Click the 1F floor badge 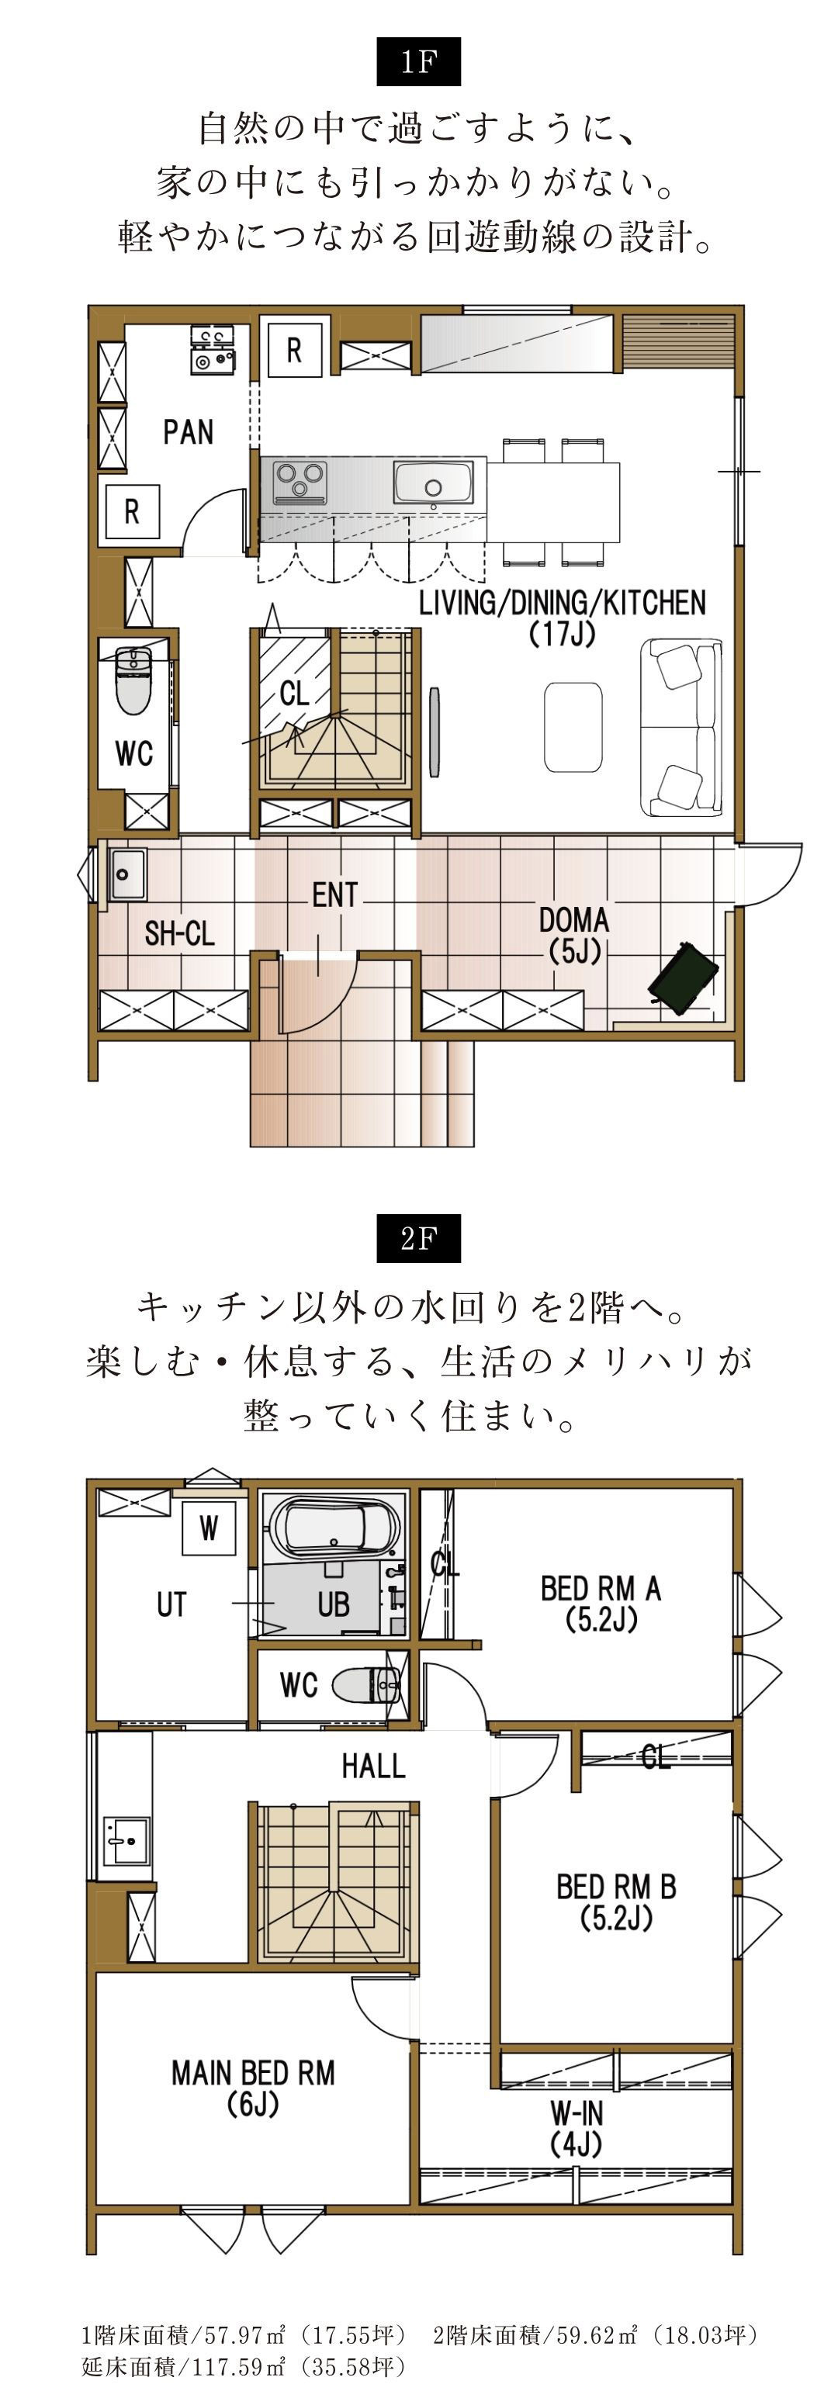[x=417, y=61]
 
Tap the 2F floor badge [x=417, y=1238]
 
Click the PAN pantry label [x=188, y=432]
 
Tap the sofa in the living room [x=680, y=727]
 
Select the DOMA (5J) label [x=573, y=935]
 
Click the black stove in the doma [x=684, y=978]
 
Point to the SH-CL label [x=179, y=933]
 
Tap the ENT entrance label [x=334, y=895]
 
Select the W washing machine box [x=208, y=1528]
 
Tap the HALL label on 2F [x=372, y=1766]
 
